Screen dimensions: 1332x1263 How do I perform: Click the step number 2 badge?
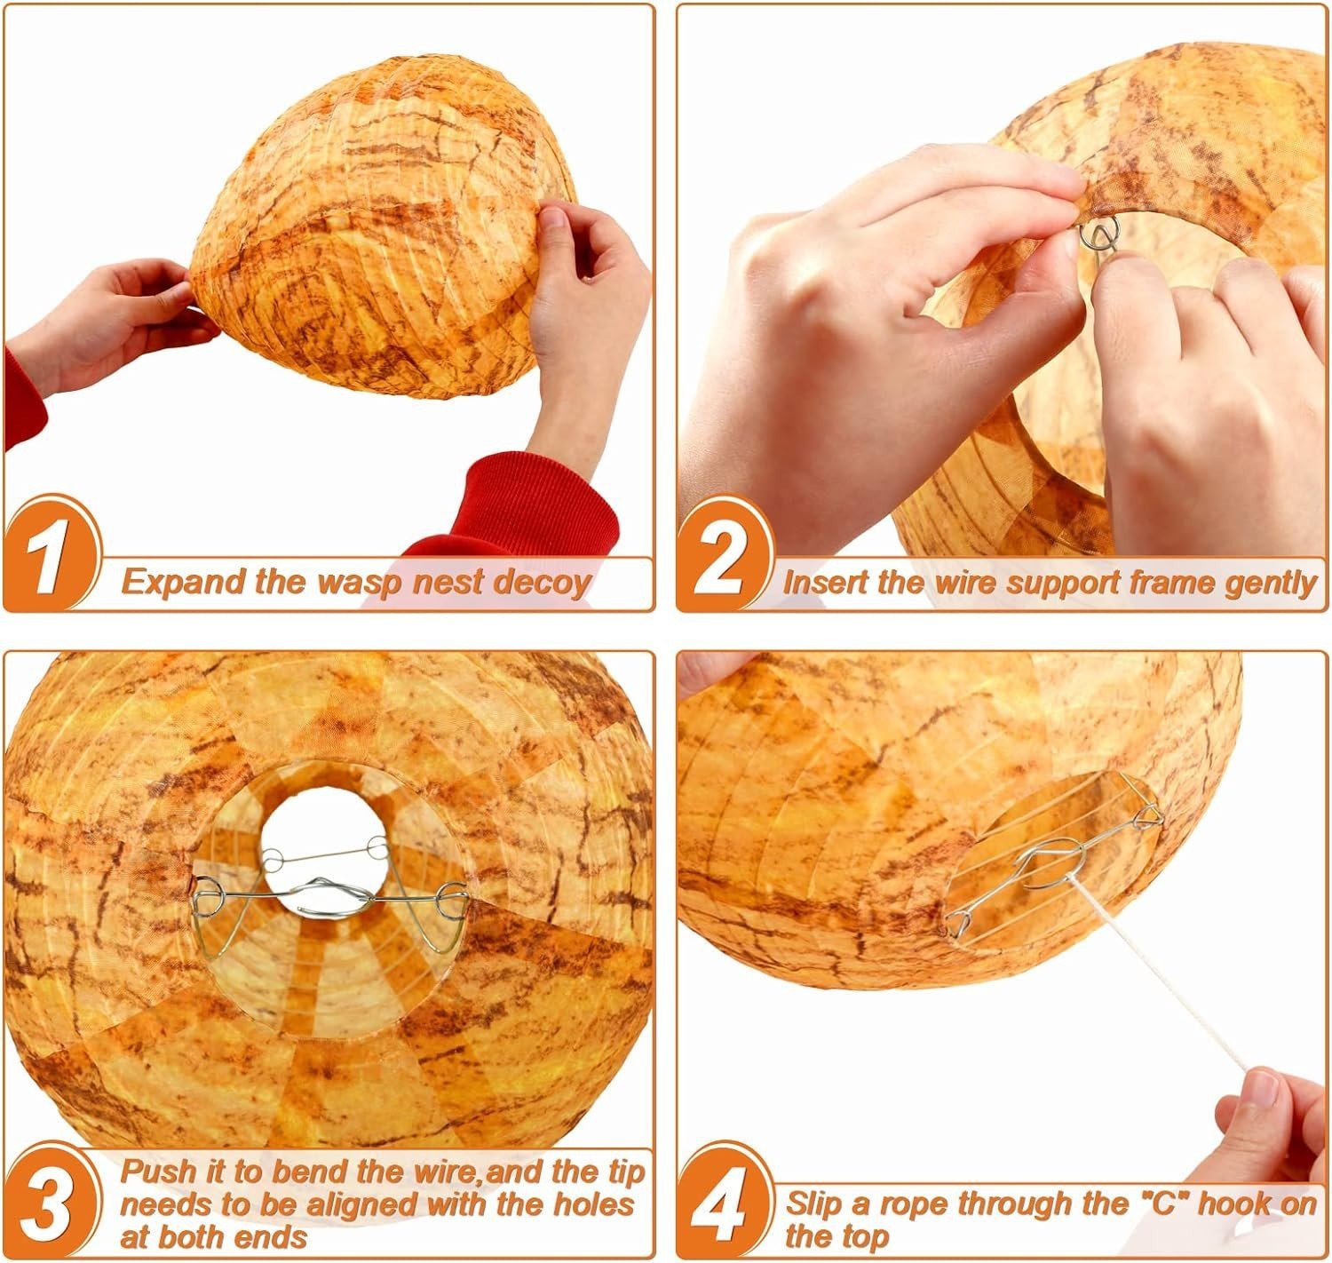(723, 554)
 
